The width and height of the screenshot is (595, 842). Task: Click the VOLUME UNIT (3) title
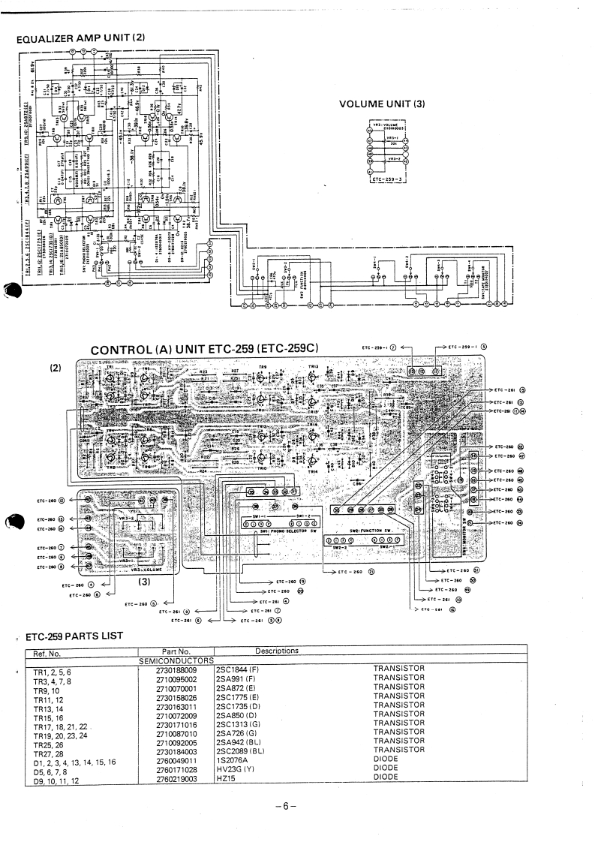pos(383,104)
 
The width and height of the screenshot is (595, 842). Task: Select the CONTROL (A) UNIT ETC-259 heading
pos(204,350)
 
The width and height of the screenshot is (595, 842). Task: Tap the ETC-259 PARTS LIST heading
pos(74,636)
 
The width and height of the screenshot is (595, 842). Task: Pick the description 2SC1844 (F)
pos(237,668)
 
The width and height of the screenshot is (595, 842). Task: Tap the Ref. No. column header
pos(43,652)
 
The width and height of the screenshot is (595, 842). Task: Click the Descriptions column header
pos(277,651)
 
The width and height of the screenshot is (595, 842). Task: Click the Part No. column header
pos(176,651)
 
